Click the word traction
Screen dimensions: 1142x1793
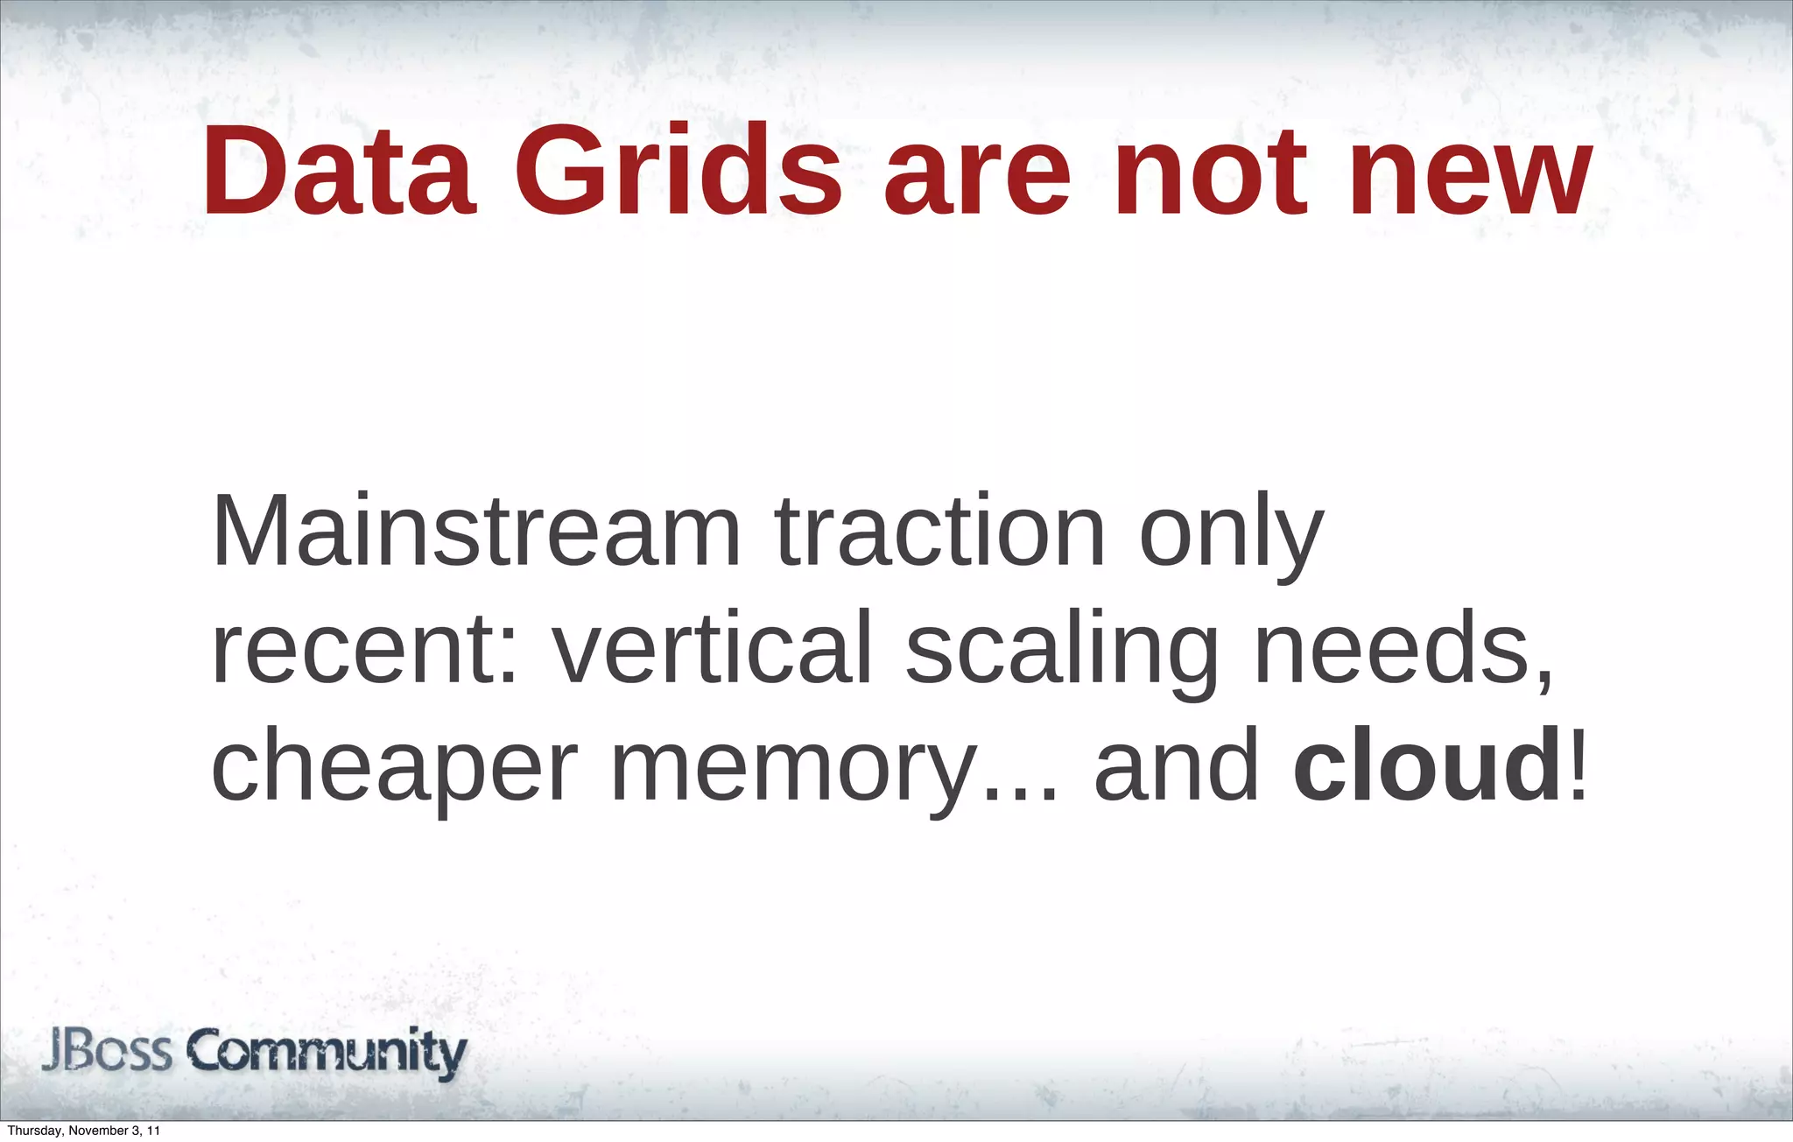coord(940,532)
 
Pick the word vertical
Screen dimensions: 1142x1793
coord(712,648)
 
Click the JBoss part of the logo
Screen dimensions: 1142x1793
coord(107,1053)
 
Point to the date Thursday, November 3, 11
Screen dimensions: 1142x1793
coord(83,1131)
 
